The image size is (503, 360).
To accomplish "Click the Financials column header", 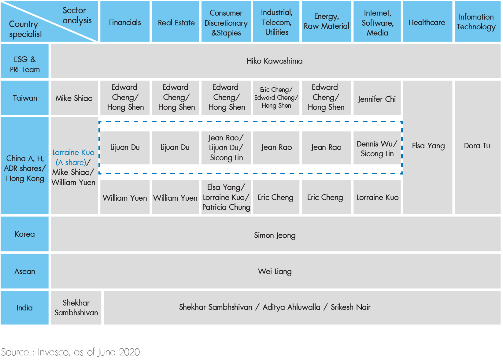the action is click(x=125, y=21).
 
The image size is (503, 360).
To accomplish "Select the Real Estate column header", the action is click(x=176, y=21).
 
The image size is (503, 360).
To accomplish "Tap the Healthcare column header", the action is click(x=427, y=21).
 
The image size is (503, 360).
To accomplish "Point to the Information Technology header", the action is click(x=478, y=21).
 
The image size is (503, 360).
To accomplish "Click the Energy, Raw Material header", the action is click(x=326, y=21).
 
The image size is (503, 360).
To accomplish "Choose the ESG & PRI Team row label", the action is click(x=24, y=61).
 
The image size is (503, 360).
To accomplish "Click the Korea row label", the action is click(x=24, y=234).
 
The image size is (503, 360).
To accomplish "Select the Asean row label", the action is click(x=24, y=271).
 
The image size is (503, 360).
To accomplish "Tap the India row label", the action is click(x=24, y=308).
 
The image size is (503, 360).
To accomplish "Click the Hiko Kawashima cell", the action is click(x=276, y=61).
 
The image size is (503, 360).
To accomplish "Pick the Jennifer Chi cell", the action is click(x=377, y=98).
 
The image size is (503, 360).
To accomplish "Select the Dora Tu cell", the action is click(x=478, y=147).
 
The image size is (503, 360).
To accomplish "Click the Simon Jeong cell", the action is click(x=276, y=234).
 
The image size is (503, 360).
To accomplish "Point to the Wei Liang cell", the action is click(x=276, y=271).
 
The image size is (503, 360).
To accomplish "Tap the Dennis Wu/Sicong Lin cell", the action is click(x=377, y=148).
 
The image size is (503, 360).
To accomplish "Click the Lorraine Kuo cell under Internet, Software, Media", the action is click(x=377, y=197).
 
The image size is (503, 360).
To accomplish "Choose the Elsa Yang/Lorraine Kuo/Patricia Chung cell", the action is click(x=226, y=197).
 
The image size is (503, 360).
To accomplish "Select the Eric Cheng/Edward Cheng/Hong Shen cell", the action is click(x=276, y=98).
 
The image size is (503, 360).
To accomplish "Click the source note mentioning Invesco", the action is click(x=71, y=352).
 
